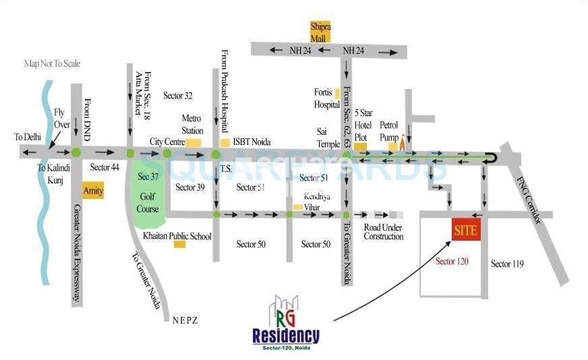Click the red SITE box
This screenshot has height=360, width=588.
point(465,230)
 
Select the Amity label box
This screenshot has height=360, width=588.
point(93,190)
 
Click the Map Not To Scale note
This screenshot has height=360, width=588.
point(52,63)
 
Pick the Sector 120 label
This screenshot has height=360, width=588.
point(452,261)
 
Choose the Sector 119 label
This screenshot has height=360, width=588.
point(507,264)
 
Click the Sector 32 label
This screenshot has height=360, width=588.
point(178,96)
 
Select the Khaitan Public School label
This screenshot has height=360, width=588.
point(177,237)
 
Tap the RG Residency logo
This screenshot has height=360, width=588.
point(285,324)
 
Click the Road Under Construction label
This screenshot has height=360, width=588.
point(383,232)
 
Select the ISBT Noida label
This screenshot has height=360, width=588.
point(252,142)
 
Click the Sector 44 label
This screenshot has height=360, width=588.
point(105,167)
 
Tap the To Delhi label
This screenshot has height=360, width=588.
point(28,136)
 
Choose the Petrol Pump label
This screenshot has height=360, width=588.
point(390,130)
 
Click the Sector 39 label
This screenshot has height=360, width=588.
point(189,187)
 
